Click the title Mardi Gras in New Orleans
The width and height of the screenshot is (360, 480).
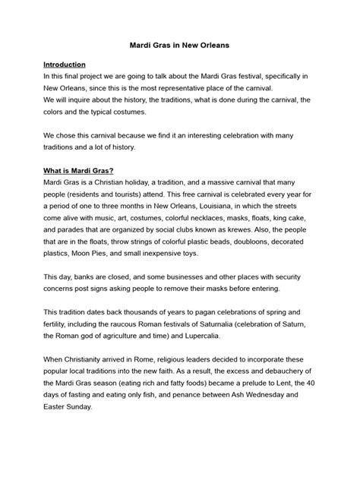[180, 46]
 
